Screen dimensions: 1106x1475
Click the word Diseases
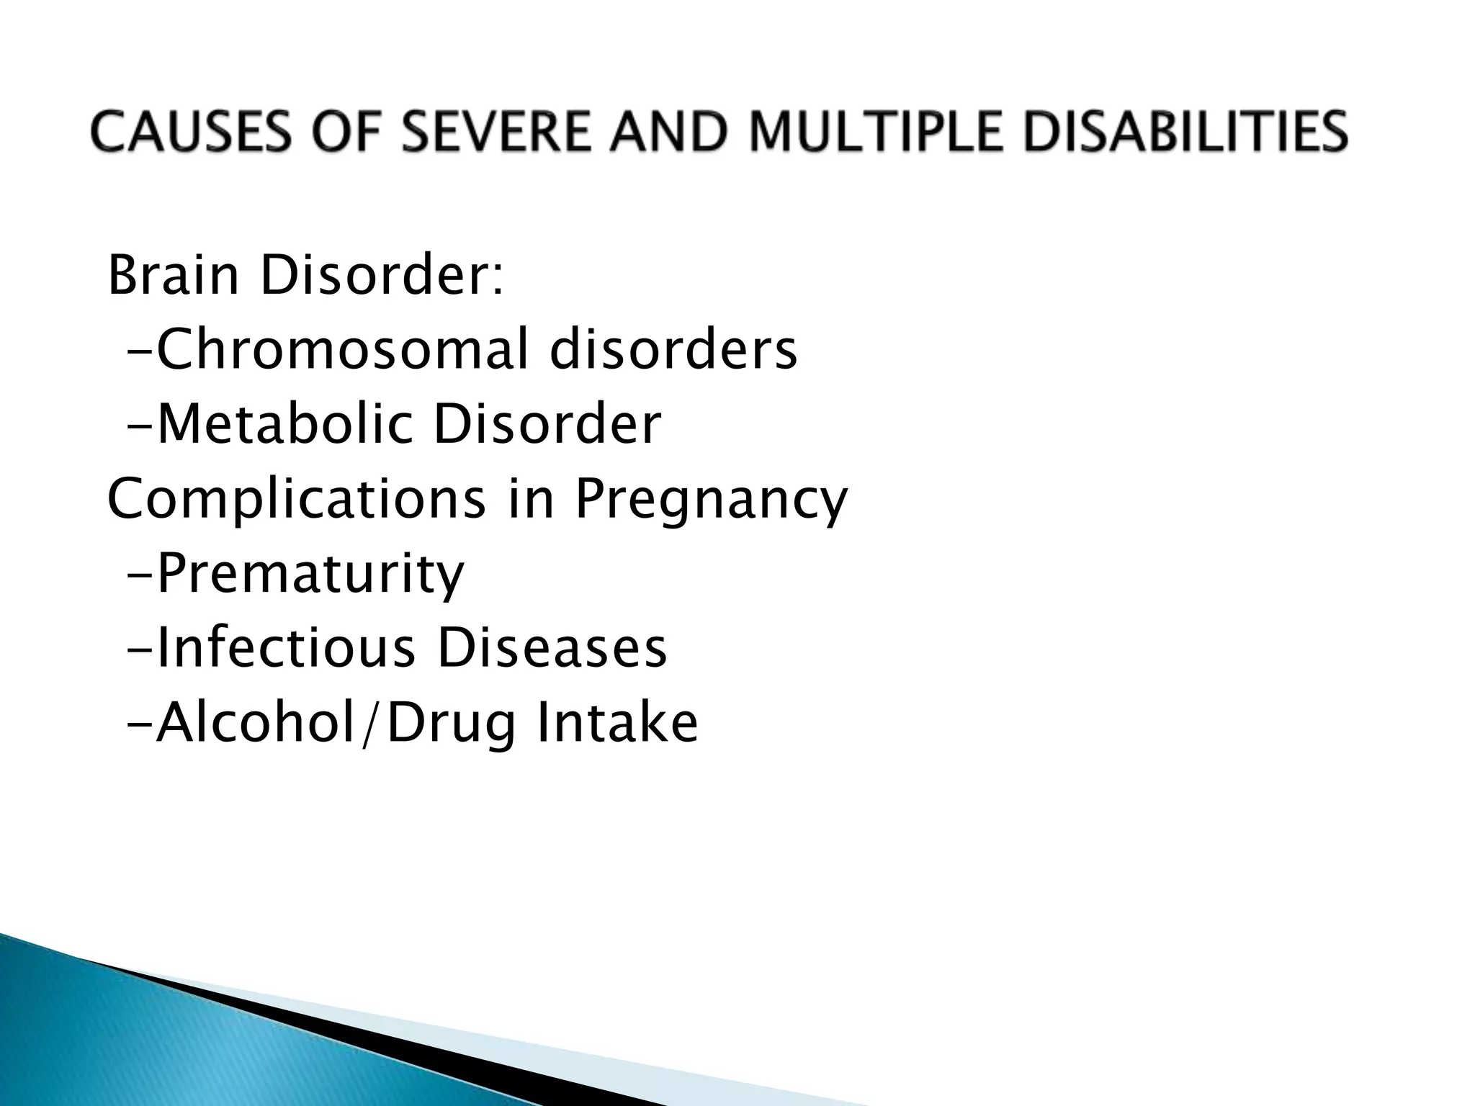[x=552, y=648]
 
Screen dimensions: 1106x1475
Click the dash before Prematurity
[x=140, y=574]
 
